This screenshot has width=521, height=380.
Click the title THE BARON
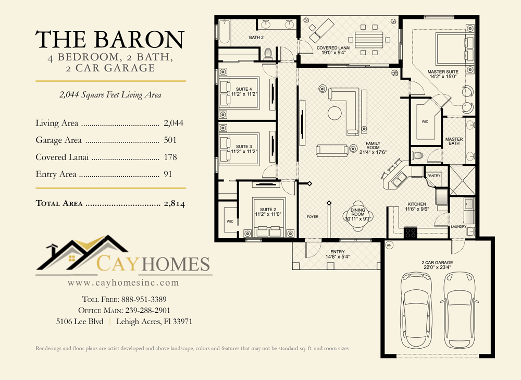coord(110,40)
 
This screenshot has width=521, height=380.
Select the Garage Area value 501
coord(170,140)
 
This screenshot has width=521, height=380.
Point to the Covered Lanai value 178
coord(170,157)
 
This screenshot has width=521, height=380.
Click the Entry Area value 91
coord(168,174)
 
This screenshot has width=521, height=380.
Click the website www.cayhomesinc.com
coord(123,283)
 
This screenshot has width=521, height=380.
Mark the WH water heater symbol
coord(389,244)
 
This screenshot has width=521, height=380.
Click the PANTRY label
coord(433,176)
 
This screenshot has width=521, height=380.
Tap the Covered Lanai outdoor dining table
coord(369,40)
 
